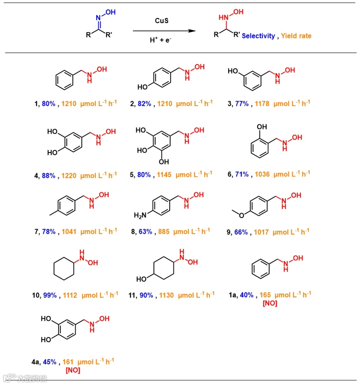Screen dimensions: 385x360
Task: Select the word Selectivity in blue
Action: pos(258,36)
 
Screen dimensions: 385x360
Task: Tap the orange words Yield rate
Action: pos(296,36)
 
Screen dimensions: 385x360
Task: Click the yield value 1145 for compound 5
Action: pos(164,175)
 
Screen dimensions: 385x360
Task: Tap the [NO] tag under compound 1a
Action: pos(270,303)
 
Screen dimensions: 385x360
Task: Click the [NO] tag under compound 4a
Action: pos(73,370)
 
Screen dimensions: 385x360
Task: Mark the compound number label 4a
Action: pos(36,362)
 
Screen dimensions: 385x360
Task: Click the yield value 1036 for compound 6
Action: pos(262,174)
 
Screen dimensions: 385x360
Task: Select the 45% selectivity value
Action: pos(49,362)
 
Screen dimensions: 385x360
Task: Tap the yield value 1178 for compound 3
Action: pos(262,103)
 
